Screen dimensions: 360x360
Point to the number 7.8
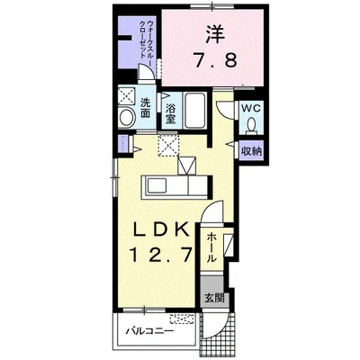click(x=215, y=59)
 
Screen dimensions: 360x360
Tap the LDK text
click(x=162, y=231)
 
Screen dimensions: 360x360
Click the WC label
click(x=251, y=109)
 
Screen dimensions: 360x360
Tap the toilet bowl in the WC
click(x=251, y=123)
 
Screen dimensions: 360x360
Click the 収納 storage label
click(x=252, y=151)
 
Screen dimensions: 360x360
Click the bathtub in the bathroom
click(x=194, y=110)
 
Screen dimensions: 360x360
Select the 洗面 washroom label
click(x=145, y=108)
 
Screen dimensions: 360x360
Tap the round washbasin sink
click(x=127, y=117)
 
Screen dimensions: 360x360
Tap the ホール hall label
click(x=211, y=247)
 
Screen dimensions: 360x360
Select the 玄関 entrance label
click(x=214, y=298)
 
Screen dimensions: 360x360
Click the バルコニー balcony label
click(x=149, y=331)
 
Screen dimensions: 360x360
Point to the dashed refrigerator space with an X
click(x=168, y=146)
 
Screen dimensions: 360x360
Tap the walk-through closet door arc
click(x=147, y=71)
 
